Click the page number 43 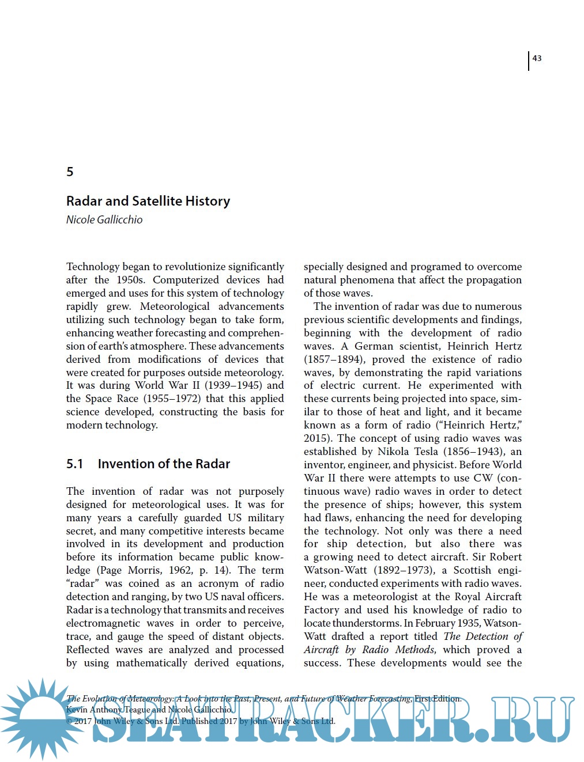click(537, 58)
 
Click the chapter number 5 click(70, 172)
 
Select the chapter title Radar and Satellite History click(148, 201)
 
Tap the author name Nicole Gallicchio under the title click(104, 219)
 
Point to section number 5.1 click(75, 464)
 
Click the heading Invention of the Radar click(164, 464)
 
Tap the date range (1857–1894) click(334, 359)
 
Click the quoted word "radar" click(82, 583)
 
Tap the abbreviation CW click(483, 478)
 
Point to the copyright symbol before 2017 click(69, 721)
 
